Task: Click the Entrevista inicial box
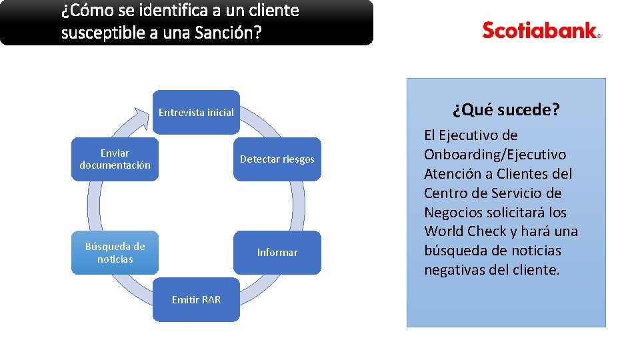pos(196,112)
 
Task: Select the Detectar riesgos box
pos(277,159)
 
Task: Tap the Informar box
pos(277,253)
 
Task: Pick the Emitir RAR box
pos(196,300)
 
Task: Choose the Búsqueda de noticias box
pos(115,253)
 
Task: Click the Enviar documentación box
pos(115,159)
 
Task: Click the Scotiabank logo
pos(541,31)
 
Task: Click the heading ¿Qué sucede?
pos(506,110)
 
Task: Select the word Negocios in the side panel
pos(453,212)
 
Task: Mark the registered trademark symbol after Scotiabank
pos(599,37)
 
